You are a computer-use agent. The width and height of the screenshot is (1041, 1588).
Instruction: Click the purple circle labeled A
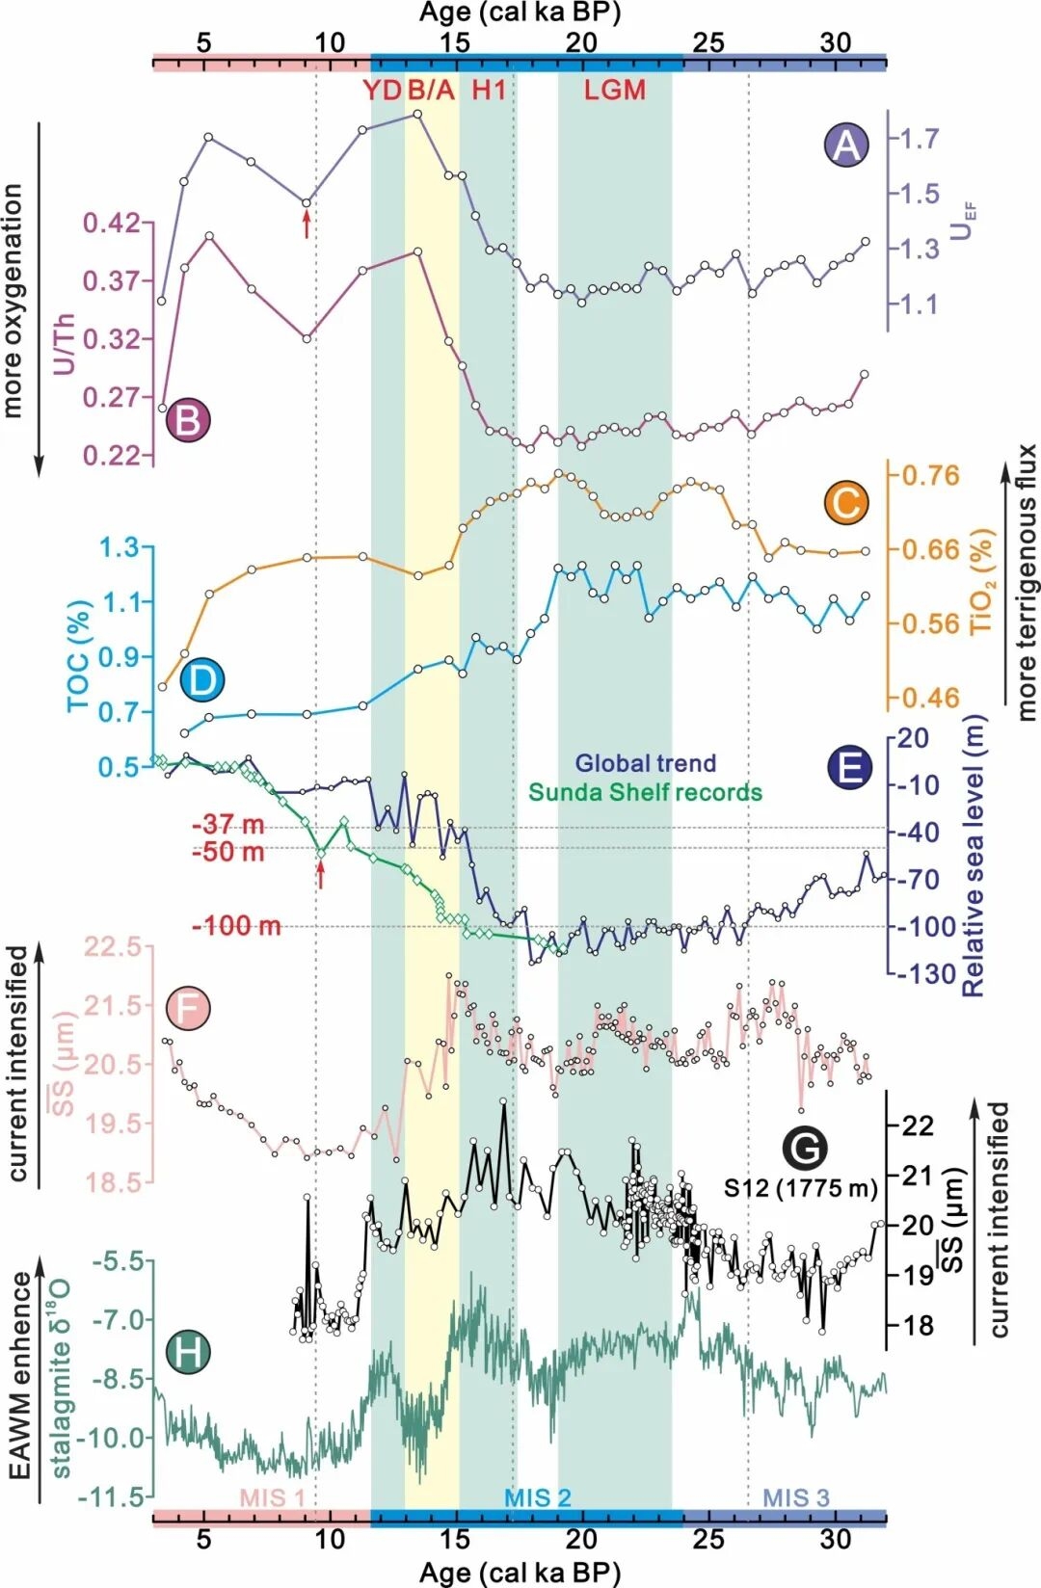(845, 145)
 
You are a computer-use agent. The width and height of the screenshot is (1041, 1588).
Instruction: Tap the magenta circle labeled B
(188, 421)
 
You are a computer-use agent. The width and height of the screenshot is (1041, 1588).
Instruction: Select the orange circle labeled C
(846, 503)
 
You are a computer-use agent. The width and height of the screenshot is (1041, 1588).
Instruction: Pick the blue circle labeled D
(201, 679)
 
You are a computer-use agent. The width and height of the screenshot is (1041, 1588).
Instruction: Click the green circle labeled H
(188, 1351)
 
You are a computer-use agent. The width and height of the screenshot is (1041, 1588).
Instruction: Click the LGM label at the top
(614, 91)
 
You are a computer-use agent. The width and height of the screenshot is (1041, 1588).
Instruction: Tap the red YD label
(382, 91)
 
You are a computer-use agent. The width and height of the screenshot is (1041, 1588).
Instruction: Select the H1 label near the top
(488, 91)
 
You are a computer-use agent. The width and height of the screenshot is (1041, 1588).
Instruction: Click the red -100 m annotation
(237, 926)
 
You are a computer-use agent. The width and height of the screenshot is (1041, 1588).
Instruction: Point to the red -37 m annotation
(228, 825)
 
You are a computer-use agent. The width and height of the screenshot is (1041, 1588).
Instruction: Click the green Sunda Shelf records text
(645, 792)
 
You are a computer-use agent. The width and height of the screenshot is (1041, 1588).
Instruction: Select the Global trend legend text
(646, 763)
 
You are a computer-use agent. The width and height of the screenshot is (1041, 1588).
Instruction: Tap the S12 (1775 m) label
(800, 1188)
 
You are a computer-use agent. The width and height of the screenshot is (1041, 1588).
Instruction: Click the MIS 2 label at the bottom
(538, 1497)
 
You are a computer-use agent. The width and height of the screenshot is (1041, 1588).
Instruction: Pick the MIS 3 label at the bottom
(796, 1497)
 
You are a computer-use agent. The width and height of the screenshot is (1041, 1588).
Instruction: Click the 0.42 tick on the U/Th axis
(111, 224)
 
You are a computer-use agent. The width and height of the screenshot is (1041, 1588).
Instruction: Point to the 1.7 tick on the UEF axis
(920, 139)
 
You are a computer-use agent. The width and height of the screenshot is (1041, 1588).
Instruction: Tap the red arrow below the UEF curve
(307, 225)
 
